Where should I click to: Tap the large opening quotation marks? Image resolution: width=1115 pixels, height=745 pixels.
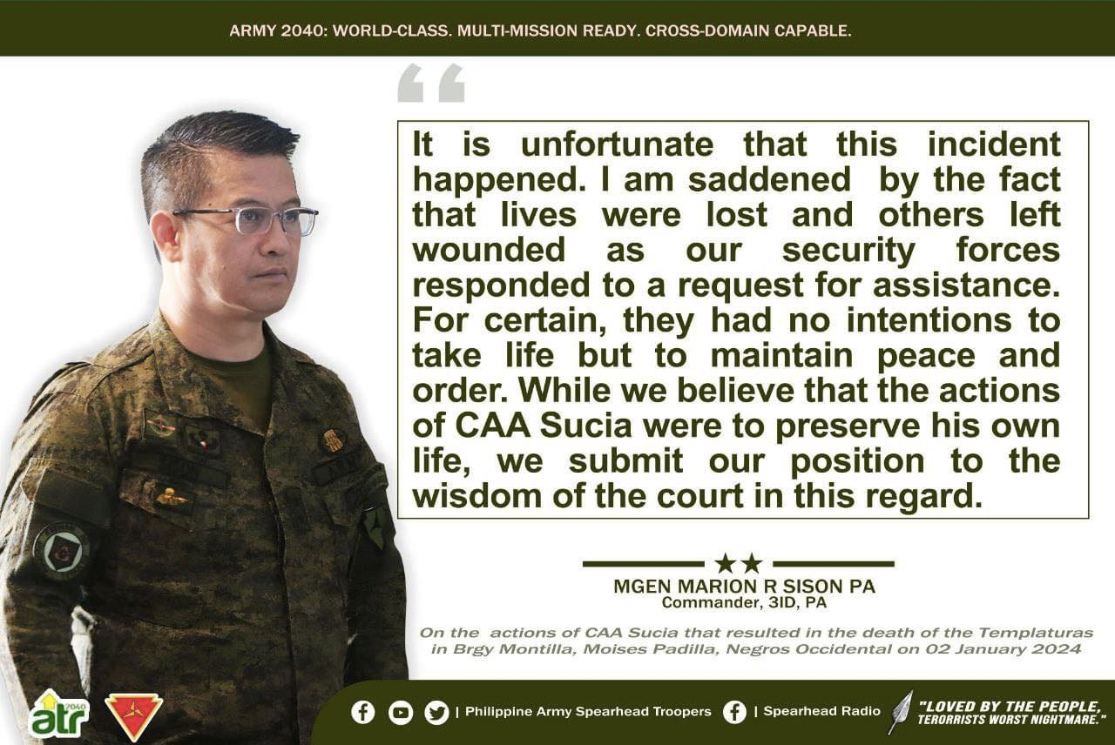pos(430,84)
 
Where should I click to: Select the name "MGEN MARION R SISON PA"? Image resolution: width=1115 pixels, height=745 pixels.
pos(744,587)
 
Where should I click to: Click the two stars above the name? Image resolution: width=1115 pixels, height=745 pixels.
pos(738,563)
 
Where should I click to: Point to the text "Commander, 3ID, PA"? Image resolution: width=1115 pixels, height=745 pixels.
pos(744,602)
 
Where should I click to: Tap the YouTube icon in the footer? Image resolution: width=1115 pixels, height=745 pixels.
pos(401,713)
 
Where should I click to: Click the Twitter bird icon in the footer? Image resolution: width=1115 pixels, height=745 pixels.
pos(436,713)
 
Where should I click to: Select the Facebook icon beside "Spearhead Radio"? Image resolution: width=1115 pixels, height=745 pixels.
pos(734,713)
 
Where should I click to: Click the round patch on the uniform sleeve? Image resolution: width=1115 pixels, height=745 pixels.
pos(61,551)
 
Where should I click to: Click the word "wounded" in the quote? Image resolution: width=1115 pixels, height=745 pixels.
pos(489,250)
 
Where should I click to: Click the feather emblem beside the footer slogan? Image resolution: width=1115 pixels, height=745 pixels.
pos(900,712)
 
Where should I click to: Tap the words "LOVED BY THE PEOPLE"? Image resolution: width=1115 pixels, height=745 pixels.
pos(1010,706)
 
